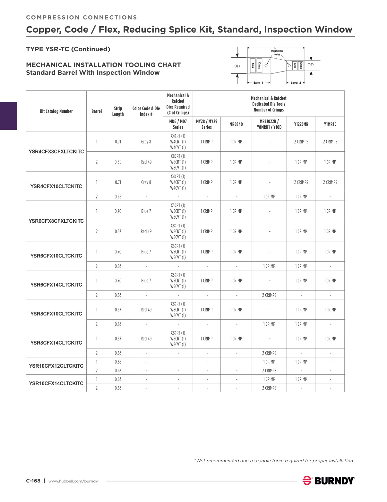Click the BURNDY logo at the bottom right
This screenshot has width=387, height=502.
coord(329,481)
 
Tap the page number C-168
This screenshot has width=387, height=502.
coord(33,481)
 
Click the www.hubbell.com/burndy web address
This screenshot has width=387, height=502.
coord(73,481)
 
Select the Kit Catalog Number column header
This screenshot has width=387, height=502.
coord(56,111)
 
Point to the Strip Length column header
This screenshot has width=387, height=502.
coord(118,111)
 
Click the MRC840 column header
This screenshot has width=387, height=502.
coord(236,124)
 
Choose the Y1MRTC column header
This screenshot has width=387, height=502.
coord(330,124)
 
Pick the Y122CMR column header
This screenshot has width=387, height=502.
coord(301,124)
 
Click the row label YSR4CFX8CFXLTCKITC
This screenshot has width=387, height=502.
coord(56,152)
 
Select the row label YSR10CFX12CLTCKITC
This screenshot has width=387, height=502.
coord(56,366)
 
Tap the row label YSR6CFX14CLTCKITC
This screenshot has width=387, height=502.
coord(56,285)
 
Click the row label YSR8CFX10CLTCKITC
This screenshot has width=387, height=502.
coord(56,314)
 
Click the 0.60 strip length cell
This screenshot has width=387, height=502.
coord(118,162)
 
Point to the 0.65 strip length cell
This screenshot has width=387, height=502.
coord(118,197)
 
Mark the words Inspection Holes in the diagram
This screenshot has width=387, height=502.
coord(277,53)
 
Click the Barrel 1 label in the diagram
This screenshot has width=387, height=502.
coord(258,83)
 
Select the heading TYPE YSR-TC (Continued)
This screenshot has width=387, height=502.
coord(68,49)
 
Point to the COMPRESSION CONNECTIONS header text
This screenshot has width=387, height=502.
coord(82,18)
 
